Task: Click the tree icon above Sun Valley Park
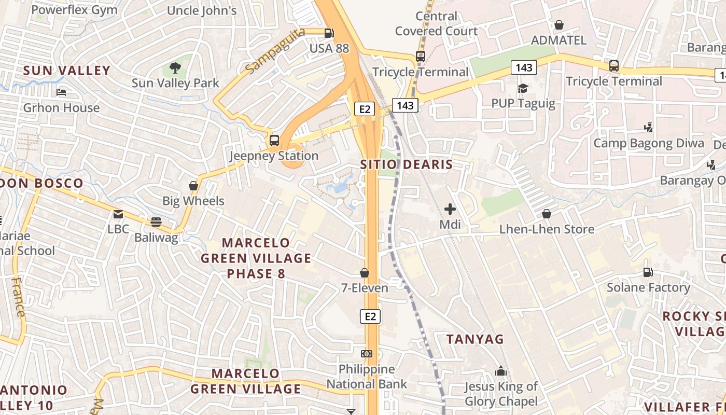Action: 175,67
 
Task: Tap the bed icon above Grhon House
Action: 61,92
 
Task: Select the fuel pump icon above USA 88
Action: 329,33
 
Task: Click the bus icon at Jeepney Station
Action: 274,140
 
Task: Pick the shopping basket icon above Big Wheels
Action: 193,186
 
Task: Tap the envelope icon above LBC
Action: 118,214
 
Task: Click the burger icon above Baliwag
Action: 156,222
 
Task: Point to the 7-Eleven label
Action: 365,287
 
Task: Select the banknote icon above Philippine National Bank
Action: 367,354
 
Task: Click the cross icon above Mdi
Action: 450,210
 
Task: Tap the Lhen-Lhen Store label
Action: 547,229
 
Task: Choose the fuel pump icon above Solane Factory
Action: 648,272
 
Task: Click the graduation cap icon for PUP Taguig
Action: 523,89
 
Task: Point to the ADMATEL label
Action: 559,40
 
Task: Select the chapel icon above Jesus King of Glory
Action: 501,371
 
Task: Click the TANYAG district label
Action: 475,339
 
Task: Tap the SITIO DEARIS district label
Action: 407,165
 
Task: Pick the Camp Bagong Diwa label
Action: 649,143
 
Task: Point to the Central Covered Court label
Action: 436,24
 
